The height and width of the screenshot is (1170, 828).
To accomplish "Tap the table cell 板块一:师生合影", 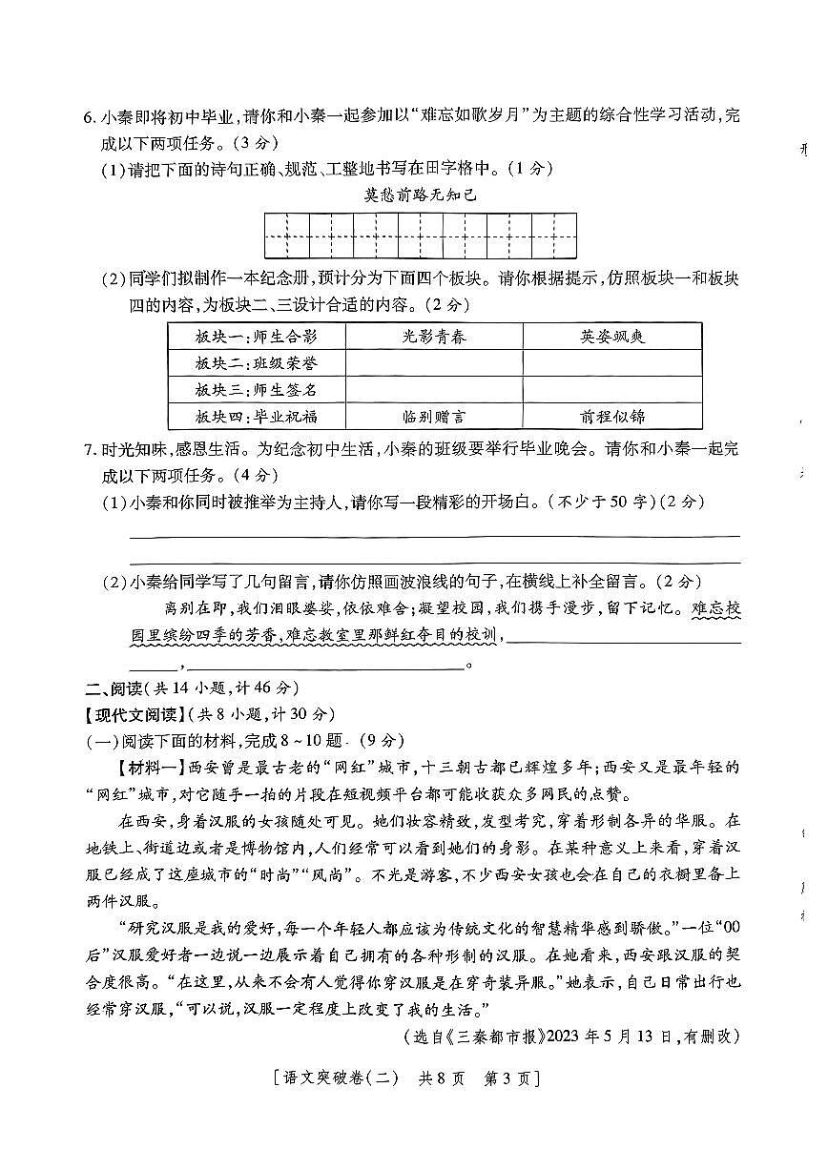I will tap(256, 337).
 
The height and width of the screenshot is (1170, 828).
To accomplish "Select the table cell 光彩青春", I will tap(434, 337).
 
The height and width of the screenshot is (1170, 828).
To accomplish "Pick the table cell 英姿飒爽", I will tap(611, 337).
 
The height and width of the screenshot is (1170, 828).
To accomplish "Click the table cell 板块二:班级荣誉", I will tap(256, 363).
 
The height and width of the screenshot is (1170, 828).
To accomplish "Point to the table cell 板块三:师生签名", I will tap(256, 390).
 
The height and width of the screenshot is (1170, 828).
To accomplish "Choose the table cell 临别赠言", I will tap(434, 417).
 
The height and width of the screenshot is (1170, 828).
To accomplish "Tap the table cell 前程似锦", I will tap(611, 417).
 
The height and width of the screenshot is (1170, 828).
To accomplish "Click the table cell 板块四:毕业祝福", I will tap(256, 417).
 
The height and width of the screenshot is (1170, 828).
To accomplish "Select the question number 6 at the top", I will tap(89, 118).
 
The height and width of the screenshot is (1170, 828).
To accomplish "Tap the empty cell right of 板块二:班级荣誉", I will tap(434, 363).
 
